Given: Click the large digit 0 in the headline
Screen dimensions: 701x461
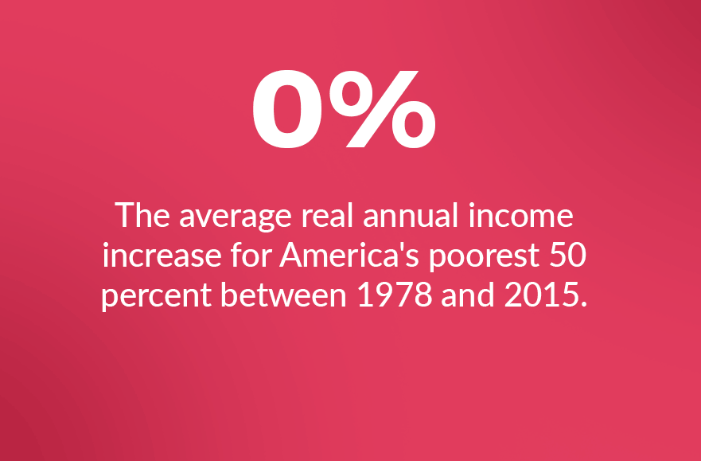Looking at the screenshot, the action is (x=287, y=108).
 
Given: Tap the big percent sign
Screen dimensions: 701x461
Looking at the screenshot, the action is (x=382, y=108).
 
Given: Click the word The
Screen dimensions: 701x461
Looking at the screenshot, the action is (x=142, y=215).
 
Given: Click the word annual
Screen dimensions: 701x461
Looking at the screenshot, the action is (x=411, y=215).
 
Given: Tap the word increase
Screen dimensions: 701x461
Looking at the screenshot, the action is (x=162, y=256).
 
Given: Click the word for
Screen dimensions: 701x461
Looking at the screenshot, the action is (x=251, y=255).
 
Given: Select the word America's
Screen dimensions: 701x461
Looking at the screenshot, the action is (x=349, y=255).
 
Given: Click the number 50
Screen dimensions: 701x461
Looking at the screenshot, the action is (x=568, y=256).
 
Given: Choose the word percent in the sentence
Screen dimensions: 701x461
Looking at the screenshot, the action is (x=157, y=297).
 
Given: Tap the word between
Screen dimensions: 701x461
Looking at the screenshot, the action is (x=284, y=295).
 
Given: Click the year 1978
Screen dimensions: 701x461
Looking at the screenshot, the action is (x=395, y=295).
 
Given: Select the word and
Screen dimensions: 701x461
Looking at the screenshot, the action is (x=468, y=295).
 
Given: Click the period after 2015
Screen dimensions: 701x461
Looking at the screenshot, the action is (x=582, y=304).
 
